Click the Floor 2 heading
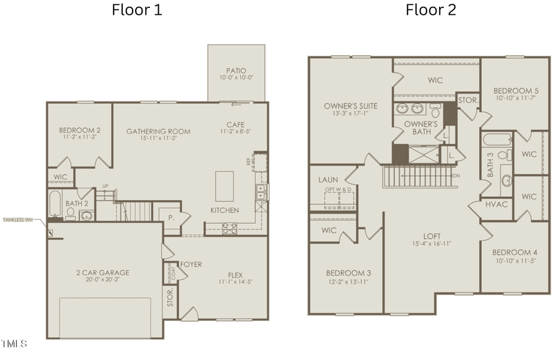click(431, 10)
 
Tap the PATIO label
click(236, 71)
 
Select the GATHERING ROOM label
click(158, 131)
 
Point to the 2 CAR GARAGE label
click(104, 273)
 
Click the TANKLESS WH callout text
click(17, 220)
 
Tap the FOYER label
click(192, 265)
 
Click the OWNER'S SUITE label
click(350, 106)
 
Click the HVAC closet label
click(497, 204)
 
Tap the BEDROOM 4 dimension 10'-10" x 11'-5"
click(514, 261)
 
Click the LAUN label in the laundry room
click(328, 180)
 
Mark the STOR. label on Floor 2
click(467, 100)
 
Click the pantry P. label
click(170, 217)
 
